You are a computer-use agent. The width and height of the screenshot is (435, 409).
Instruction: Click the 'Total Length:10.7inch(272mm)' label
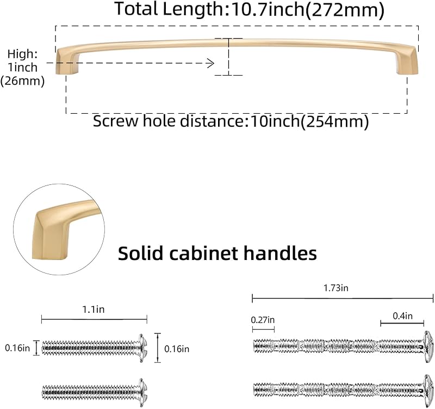point(249,10)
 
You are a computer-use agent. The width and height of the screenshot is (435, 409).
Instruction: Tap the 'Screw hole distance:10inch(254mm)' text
point(231,121)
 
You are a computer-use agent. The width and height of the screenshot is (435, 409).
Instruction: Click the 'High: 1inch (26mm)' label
point(22,67)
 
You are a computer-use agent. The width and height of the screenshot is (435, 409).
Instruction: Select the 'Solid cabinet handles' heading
point(217,253)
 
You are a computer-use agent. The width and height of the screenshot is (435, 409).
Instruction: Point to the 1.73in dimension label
point(335,288)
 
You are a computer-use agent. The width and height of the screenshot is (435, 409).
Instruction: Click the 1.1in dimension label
point(94,309)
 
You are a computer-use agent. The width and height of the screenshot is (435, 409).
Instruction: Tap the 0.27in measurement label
point(263,320)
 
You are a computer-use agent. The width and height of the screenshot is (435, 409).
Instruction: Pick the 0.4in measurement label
point(402,316)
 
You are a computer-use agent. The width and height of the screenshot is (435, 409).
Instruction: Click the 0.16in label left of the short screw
point(17,348)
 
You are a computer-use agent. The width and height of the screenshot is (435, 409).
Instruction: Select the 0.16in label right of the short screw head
point(177,349)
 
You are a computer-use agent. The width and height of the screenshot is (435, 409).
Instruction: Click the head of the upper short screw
point(143,348)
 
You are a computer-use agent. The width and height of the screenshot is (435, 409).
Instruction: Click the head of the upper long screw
point(428,346)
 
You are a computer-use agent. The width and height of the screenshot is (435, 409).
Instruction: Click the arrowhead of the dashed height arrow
point(212,63)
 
